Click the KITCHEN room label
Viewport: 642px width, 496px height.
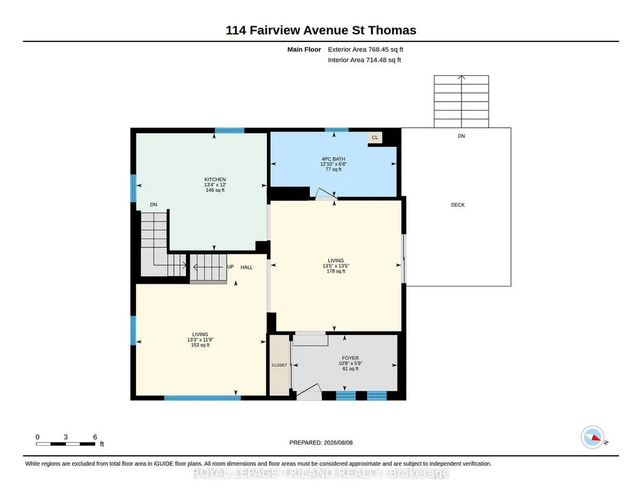pyautogui.click(x=215, y=179)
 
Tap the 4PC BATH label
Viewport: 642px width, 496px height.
pyautogui.click(x=333, y=159)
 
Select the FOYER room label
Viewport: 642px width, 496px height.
pyautogui.click(x=351, y=358)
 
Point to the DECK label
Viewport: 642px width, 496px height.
pyautogui.click(x=458, y=205)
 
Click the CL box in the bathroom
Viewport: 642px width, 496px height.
pyautogui.click(x=375, y=138)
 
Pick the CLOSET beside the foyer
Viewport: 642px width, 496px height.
pyautogui.click(x=279, y=365)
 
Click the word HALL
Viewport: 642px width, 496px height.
pyautogui.click(x=247, y=267)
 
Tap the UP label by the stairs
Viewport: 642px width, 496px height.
pyautogui.click(x=230, y=267)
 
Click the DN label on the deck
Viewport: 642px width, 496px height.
pyautogui.click(x=462, y=136)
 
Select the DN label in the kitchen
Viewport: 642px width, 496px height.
pyautogui.click(x=153, y=205)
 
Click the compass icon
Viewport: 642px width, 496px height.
pyautogui.click(x=593, y=437)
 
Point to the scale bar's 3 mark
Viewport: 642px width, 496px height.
pyautogui.click(x=66, y=437)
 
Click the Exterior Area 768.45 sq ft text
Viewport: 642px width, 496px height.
pyautogui.click(x=366, y=49)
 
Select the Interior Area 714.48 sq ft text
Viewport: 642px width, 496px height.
pyautogui.click(x=365, y=59)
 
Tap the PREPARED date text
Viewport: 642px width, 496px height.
pyautogui.click(x=321, y=442)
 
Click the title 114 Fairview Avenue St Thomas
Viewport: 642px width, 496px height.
pyautogui.click(x=321, y=30)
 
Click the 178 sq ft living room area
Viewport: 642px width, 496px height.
pyautogui.click(x=336, y=271)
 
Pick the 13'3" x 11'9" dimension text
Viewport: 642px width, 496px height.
pyautogui.click(x=200, y=339)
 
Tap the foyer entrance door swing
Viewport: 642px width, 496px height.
pyautogui.click(x=309, y=391)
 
